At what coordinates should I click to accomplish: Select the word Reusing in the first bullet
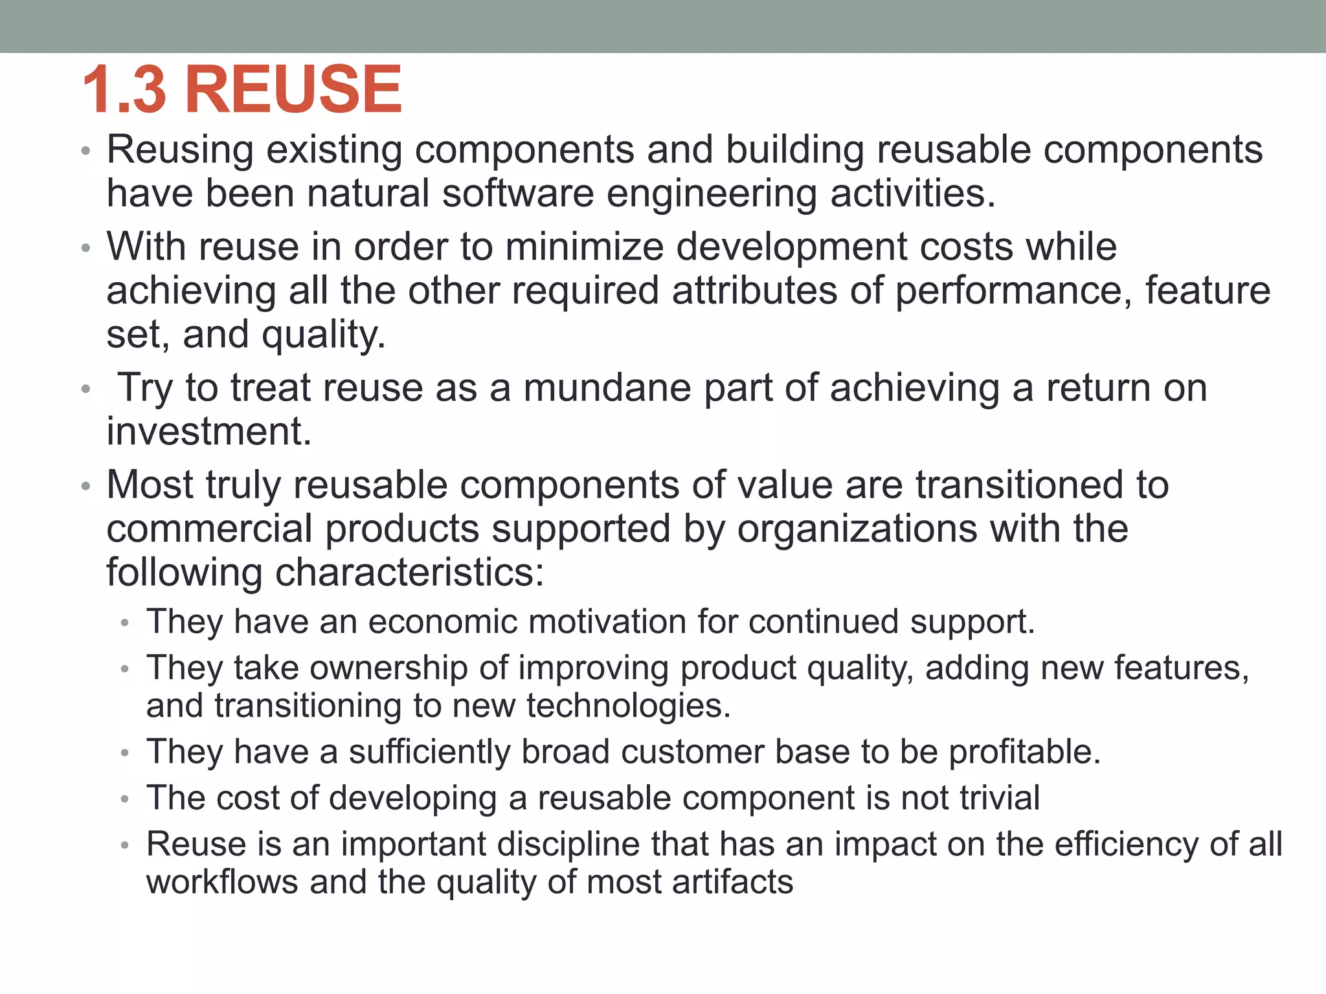[180, 151]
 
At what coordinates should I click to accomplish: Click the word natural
[368, 193]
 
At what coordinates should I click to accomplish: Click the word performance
[1013, 291]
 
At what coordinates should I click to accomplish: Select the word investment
[208, 432]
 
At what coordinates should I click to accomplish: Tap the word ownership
[388, 668]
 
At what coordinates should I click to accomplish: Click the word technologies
[627, 706]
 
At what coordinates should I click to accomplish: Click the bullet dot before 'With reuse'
[85, 248]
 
